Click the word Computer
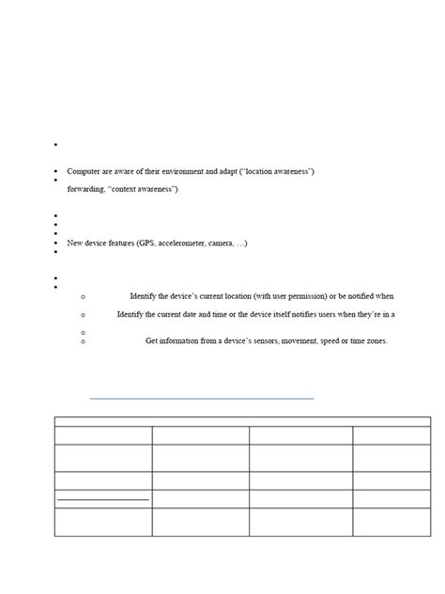point(84,171)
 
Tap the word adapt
point(226,171)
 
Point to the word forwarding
point(86,189)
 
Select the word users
point(356,314)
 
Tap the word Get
point(153,340)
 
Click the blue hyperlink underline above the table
point(202,399)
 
